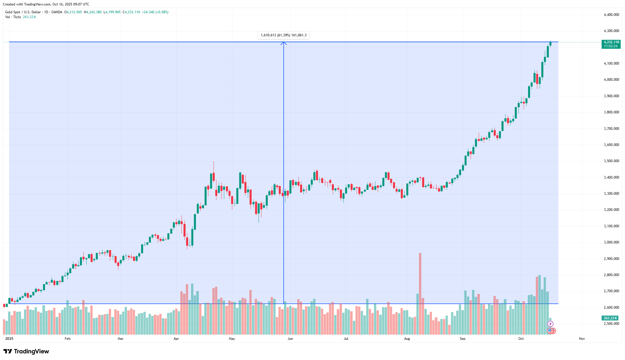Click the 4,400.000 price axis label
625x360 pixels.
coord(611,15)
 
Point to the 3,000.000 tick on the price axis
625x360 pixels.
coord(611,242)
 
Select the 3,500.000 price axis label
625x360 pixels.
coord(611,161)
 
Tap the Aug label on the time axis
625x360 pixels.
coord(407,339)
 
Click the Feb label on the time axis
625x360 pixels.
coord(68,339)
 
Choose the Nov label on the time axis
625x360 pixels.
coord(582,339)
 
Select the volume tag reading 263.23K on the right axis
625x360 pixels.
coord(610,318)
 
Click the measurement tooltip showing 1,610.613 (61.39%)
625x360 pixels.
coord(283,35)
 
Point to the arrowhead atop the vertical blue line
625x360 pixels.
coord(284,43)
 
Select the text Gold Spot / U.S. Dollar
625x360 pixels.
coord(23,12)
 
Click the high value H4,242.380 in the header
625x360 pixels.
coord(93,12)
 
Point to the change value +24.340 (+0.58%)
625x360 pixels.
coord(155,12)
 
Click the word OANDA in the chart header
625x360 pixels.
coord(57,12)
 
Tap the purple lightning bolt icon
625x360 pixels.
coord(550,324)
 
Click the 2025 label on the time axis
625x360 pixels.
coord(9,339)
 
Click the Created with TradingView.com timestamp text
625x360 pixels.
coord(46,4)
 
